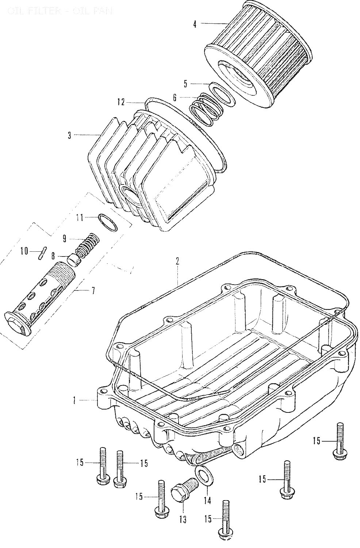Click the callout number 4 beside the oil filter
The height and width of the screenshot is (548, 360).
(x=195, y=24)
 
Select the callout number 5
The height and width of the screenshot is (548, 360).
(x=185, y=84)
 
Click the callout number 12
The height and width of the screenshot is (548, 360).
(x=121, y=102)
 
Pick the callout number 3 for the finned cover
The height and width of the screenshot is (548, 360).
(x=69, y=136)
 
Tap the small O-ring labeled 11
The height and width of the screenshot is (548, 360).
(x=108, y=222)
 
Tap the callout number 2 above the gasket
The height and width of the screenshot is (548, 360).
(x=177, y=261)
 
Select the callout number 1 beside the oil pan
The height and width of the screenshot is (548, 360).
(x=74, y=401)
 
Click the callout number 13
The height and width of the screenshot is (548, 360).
(x=183, y=519)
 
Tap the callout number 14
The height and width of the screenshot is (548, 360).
(x=207, y=500)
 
